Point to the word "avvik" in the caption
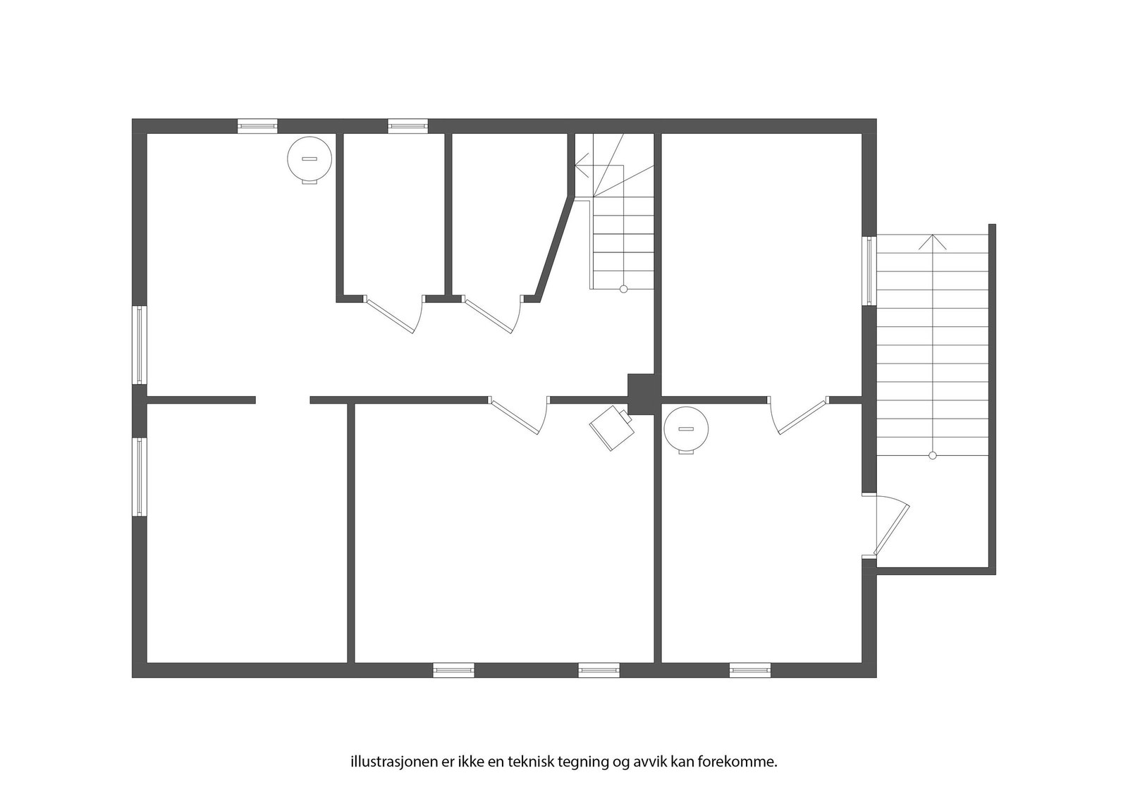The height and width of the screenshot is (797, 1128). point(638,762)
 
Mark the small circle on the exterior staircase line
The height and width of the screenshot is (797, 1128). point(933,456)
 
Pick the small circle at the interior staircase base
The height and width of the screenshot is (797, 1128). point(623,289)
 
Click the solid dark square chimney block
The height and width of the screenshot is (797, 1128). point(642,393)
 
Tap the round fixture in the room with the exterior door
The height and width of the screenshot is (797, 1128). point(686,430)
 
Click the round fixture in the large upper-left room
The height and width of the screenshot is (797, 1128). point(309,160)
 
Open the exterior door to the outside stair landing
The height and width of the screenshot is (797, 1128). point(890,526)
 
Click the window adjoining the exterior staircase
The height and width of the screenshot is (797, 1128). point(869,271)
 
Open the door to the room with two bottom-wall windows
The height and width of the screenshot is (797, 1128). point(518,415)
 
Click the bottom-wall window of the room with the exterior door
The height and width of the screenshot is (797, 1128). point(749,669)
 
